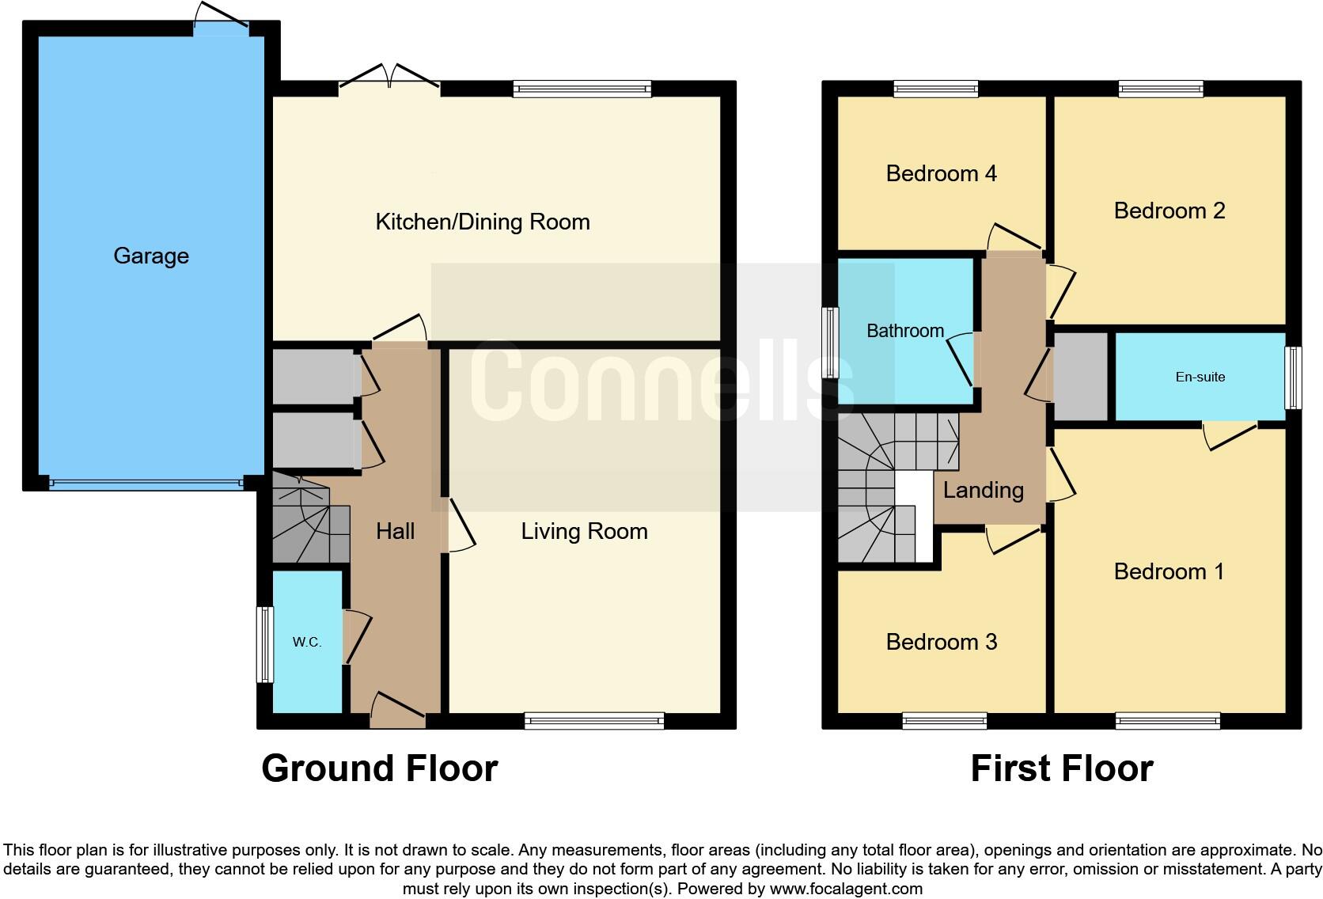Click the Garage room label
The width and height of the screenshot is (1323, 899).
click(x=151, y=256)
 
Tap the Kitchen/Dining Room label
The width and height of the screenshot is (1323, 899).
click(x=482, y=222)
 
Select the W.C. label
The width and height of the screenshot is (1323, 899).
click(x=307, y=642)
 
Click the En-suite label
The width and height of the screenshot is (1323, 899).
click(x=1200, y=377)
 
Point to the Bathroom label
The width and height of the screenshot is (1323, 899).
click(x=904, y=331)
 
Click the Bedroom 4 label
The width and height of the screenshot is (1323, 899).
click(x=941, y=173)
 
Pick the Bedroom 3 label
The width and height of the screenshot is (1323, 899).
click(x=941, y=642)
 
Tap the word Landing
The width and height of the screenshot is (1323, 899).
click(x=983, y=490)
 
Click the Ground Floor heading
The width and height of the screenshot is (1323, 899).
click(x=379, y=768)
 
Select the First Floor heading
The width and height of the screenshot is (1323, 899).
click(x=1061, y=768)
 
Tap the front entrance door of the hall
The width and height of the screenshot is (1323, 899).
click(x=398, y=710)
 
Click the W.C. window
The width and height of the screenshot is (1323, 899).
click(x=264, y=644)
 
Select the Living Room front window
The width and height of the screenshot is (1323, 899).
click(x=593, y=719)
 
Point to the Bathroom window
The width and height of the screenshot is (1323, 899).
click(x=830, y=342)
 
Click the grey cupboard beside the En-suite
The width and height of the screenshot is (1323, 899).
click(x=1080, y=377)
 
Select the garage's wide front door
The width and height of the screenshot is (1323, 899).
click(x=146, y=483)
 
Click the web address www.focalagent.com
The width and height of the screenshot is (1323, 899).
click(x=845, y=889)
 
